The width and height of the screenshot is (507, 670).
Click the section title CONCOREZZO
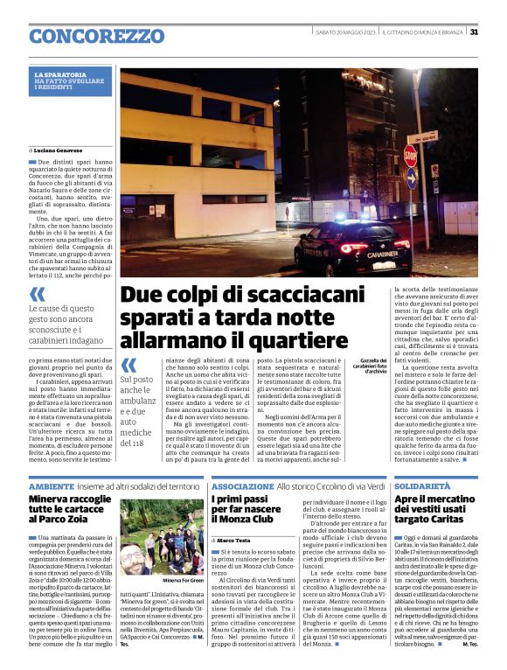point(84,36)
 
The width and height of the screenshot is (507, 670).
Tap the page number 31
point(473,31)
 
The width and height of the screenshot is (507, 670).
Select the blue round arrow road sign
point(411,181)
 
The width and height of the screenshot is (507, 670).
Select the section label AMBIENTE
point(51,485)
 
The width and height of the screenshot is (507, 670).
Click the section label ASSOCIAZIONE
point(242,485)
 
